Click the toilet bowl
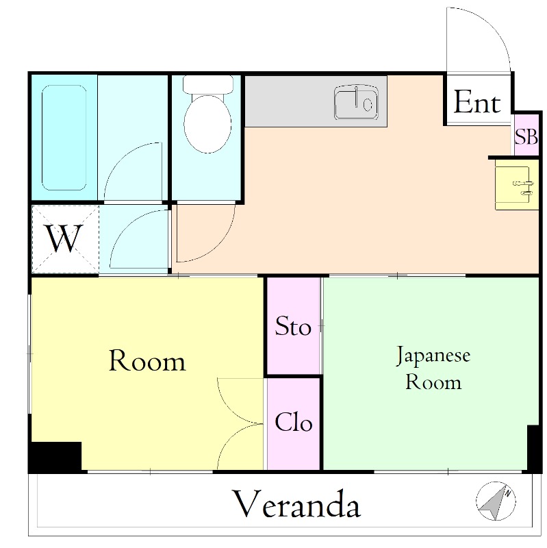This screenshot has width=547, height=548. click(x=207, y=123)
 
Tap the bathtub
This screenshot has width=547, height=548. click(x=64, y=138)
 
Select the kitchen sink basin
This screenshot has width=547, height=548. click(x=356, y=102)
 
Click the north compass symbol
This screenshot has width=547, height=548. click(x=496, y=501)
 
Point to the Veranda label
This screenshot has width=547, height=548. click(x=296, y=504)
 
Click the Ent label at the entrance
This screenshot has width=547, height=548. click(x=477, y=102)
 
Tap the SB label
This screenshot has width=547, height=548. click(x=526, y=136)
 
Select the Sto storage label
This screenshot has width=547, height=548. click(x=293, y=326)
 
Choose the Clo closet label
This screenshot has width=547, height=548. click(x=294, y=422)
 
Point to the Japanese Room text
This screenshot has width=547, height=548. click(x=433, y=368)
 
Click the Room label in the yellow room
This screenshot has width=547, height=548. click(x=147, y=360)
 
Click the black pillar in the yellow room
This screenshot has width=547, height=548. click(x=55, y=456)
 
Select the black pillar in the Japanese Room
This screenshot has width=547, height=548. click(x=534, y=449)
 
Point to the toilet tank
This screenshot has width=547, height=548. click(x=208, y=84)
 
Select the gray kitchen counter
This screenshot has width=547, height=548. click(x=316, y=101)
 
